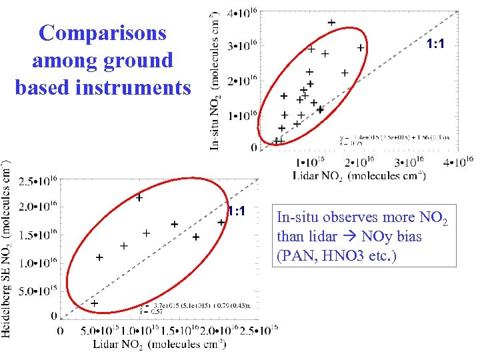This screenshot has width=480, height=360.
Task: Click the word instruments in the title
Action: click(x=140, y=87)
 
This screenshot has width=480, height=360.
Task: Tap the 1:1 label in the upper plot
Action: click(x=436, y=44)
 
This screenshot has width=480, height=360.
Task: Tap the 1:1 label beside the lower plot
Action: click(x=237, y=211)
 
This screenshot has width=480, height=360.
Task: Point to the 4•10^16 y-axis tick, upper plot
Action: click(x=241, y=13)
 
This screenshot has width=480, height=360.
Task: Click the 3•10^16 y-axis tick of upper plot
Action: click(x=241, y=46)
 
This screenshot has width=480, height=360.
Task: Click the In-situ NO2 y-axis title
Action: click(x=216, y=80)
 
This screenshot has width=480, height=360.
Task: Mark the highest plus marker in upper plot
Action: click(x=331, y=23)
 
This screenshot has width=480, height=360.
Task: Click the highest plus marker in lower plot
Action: click(x=139, y=197)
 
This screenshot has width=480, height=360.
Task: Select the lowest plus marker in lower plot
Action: click(x=94, y=303)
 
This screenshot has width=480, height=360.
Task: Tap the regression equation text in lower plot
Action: click(x=187, y=307)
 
